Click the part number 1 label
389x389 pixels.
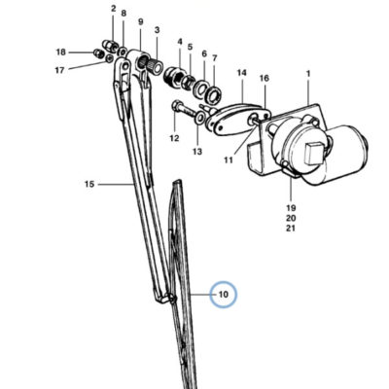click(x=308, y=74)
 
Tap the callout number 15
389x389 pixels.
click(x=89, y=184)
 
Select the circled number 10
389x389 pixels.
click(x=224, y=295)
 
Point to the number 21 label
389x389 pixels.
click(x=291, y=229)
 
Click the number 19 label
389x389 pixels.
click(x=291, y=207)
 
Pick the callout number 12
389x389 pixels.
click(x=174, y=138)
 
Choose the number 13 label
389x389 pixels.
click(x=197, y=152)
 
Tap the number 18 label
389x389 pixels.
click(x=60, y=52)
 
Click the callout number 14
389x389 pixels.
click(x=241, y=73)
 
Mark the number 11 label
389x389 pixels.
click(x=229, y=159)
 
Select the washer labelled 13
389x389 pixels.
click(x=200, y=118)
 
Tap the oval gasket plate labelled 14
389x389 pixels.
click(x=239, y=119)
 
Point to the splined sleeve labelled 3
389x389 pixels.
click(x=153, y=64)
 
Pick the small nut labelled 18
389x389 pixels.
click(x=97, y=53)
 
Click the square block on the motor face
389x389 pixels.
click(x=314, y=153)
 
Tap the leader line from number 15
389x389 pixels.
click(x=116, y=184)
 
